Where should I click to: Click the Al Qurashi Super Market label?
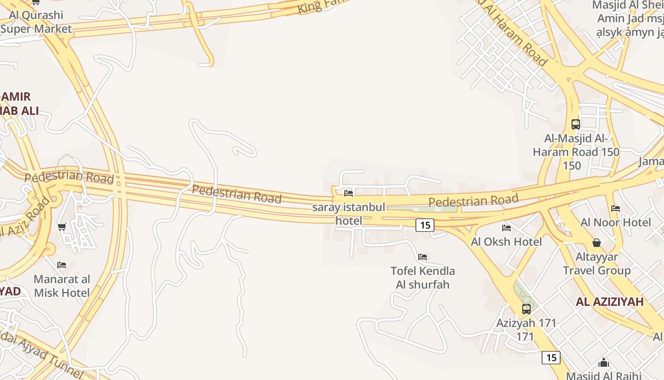coord(36,22)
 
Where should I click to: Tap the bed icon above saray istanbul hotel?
coord(349,193)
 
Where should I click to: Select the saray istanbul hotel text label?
coord(349,214)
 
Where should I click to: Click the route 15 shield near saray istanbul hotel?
coord(425,225)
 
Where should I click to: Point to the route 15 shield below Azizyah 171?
coord(551,357)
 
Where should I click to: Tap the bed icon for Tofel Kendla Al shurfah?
coord(423,257)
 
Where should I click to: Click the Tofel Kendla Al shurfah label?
coord(423,278)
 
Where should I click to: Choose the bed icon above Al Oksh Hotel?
coord(507,228)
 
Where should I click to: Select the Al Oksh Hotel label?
coord(506,242)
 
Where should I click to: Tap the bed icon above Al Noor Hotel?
coord(616,208)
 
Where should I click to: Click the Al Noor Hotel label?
coord(616,222)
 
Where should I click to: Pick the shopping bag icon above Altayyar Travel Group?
coord(597,243)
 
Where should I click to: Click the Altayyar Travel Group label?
coord(597,264)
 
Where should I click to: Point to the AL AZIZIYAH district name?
coord(609,302)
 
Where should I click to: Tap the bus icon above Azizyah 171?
coord(526,309)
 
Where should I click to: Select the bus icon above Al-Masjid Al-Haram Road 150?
coord(576,124)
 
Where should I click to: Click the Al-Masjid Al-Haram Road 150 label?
coord(576,152)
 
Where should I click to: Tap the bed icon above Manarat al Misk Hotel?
coord(62,265)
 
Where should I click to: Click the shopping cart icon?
coord(62,227)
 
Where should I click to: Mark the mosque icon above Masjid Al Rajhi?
coord(604,363)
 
